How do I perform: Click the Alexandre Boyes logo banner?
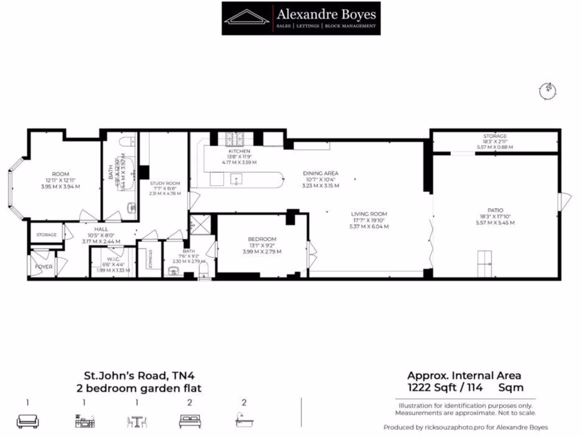301,18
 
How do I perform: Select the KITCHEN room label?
239,151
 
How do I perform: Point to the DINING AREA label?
321,173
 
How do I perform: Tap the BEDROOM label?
262,239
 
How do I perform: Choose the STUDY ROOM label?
165,183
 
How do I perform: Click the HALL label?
93,228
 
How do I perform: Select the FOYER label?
43,266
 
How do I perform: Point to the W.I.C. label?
113,257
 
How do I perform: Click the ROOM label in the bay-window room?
60,174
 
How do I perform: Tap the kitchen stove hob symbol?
234,138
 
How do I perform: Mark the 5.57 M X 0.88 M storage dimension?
494,147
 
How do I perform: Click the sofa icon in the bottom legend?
27,420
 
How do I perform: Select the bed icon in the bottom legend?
189,420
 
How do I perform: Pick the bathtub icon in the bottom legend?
244,420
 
